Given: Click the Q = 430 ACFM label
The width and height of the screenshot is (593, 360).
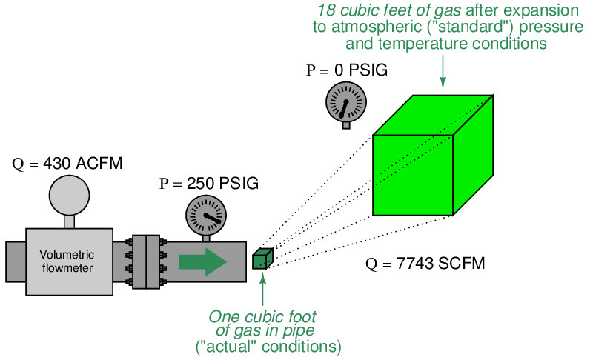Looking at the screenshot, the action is click(x=67, y=164).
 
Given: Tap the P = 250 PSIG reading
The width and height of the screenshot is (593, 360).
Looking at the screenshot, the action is click(x=209, y=183).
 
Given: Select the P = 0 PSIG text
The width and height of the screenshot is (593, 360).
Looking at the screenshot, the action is click(x=347, y=70).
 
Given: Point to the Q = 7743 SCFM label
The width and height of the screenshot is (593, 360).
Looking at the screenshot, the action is click(x=425, y=263).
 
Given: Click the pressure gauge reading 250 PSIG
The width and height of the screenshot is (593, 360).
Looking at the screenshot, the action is click(x=206, y=216).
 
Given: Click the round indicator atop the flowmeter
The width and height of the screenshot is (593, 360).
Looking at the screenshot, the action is click(x=69, y=196).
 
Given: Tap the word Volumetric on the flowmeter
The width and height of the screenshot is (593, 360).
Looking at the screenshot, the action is click(x=67, y=255).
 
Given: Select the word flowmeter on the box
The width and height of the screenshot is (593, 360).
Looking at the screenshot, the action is click(x=67, y=268).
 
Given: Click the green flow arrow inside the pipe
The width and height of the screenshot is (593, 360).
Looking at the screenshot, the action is click(x=202, y=261).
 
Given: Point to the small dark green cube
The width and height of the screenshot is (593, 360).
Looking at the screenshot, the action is click(x=263, y=259).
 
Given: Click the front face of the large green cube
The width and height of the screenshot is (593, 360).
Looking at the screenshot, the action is click(x=413, y=176).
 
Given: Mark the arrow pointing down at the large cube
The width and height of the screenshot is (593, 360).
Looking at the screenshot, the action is click(x=443, y=72).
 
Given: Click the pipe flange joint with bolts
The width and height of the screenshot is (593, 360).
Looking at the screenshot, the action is click(x=146, y=261).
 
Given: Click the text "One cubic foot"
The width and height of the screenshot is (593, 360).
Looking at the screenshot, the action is click(x=262, y=316).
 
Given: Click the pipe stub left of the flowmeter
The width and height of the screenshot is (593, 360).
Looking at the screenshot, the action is click(x=16, y=261).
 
